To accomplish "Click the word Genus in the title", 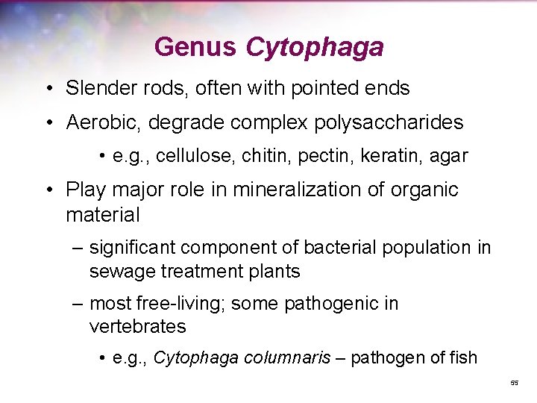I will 195,48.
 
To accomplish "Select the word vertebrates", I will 137,327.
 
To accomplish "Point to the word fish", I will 462,357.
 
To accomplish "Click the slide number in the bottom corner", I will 514,383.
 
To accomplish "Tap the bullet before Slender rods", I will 48,89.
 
